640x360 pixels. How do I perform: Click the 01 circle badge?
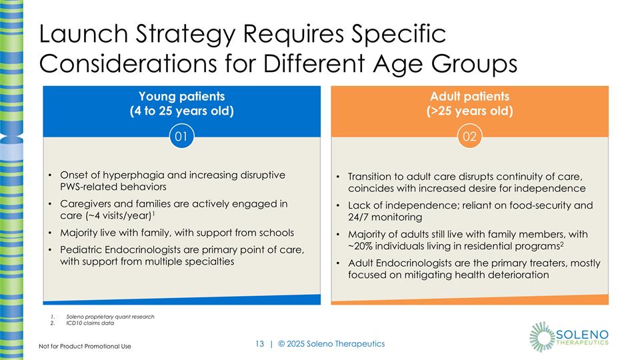pos(180,137)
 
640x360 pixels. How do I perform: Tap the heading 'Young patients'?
pos(181,96)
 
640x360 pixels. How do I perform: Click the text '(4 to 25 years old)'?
pos(181,111)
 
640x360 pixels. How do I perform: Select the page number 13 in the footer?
pos(259,343)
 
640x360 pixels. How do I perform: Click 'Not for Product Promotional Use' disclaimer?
pos(85,346)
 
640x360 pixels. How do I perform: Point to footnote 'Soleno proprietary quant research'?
pos(110,316)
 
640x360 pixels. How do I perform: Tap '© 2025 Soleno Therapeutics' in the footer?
pos(331,343)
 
